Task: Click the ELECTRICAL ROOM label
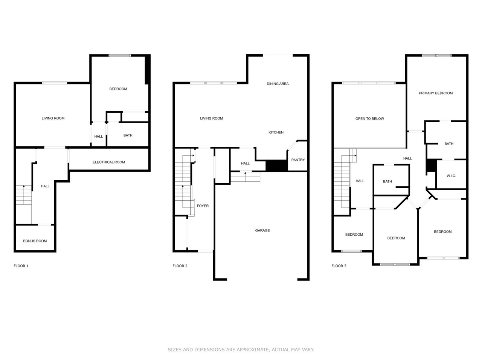tap(109, 162)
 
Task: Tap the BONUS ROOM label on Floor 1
tap(35, 241)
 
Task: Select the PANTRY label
tap(298, 160)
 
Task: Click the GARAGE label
tap(262, 230)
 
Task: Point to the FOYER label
tap(203, 206)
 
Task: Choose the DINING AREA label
tap(278, 84)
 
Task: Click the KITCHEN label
tap(276, 132)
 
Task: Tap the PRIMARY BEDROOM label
tap(436, 93)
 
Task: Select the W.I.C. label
tap(451, 176)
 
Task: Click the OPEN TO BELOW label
tap(370, 119)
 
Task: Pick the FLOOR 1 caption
tap(21, 266)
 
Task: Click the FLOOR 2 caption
tap(180, 266)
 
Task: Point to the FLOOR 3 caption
tap(339, 266)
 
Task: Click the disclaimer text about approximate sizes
tap(241, 350)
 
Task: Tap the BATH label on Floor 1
tap(128, 135)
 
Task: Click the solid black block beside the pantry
tap(276, 166)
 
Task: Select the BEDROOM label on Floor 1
tap(118, 89)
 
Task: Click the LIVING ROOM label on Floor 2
tap(211, 118)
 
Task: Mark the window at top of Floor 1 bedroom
tap(120, 56)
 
